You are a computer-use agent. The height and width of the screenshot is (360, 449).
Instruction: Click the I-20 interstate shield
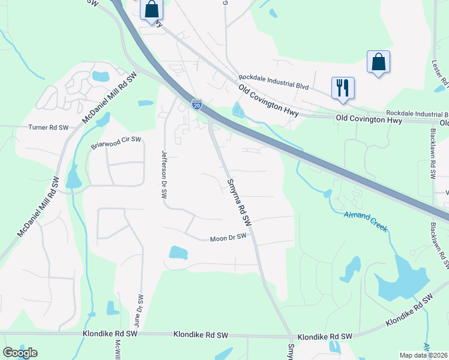(x=197, y=104)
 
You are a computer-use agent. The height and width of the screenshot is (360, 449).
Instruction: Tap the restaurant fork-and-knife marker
(x=343, y=87)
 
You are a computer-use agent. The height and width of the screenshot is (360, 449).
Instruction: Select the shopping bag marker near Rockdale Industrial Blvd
(x=378, y=61)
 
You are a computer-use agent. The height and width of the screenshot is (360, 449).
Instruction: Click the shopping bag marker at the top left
(x=152, y=10)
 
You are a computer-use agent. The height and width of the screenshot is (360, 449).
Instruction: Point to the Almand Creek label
(x=366, y=221)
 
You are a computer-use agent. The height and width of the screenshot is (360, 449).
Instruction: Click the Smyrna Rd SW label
(x=238, y=202)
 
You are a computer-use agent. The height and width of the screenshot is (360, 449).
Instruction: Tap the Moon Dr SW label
(x=228, y=238)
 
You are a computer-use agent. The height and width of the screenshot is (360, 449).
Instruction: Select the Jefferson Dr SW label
(x=163, y=175)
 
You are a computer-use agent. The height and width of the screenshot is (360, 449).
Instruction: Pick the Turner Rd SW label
(x=50, y=127)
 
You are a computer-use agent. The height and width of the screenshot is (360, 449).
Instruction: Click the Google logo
(x=20, y=353)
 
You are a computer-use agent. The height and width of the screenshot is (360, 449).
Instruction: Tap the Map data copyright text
(x=423, y=355)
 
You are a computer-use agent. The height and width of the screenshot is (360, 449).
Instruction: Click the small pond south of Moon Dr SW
(x=178, y=252)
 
